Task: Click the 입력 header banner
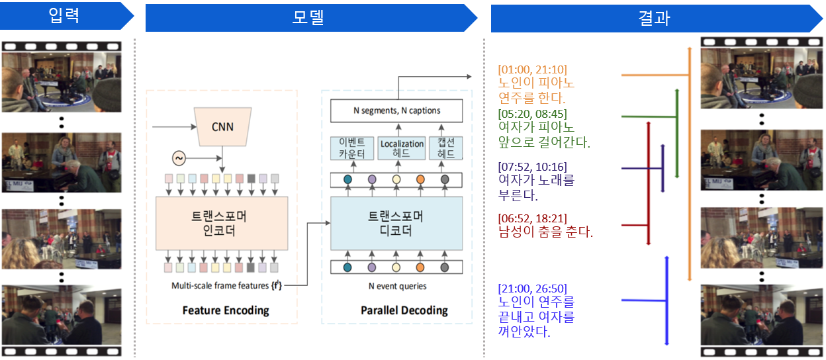coord(64,16)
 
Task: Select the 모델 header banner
coord(308,17)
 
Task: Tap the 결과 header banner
coord(654,18)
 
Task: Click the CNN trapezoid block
coord(222,126)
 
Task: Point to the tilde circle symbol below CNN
coord(179,158)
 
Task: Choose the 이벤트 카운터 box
coord(351,148)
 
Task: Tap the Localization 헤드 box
coord(401,148)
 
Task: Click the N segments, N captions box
coord(395,110)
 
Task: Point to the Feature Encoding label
coord(226,310)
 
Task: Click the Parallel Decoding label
coord(404,310)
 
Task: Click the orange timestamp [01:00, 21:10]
coord(532,69)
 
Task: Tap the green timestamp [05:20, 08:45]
coord(532,114)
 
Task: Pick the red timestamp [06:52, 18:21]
coord(532,218)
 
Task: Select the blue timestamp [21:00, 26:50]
coord(532,288)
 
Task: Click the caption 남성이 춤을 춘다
coord(545,232)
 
